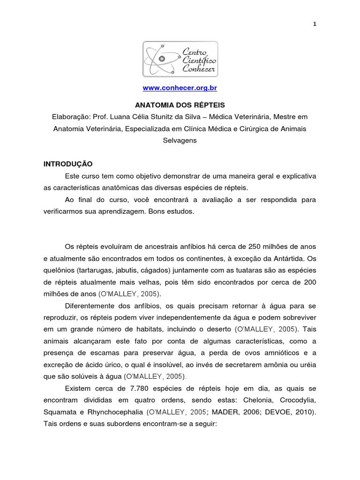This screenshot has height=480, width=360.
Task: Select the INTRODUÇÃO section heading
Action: pos(68,164)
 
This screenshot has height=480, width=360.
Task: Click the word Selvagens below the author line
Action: pos(180,140)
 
